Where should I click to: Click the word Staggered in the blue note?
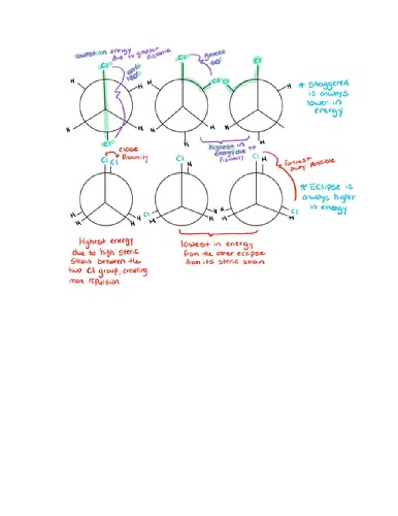coord(330,84)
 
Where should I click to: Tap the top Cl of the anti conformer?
coord(104,65)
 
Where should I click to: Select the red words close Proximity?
coord(133,154)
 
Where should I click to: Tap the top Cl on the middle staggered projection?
coord(182,57)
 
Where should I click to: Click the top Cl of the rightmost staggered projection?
coord(257,61)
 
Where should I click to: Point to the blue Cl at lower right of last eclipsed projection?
coord(294,212)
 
